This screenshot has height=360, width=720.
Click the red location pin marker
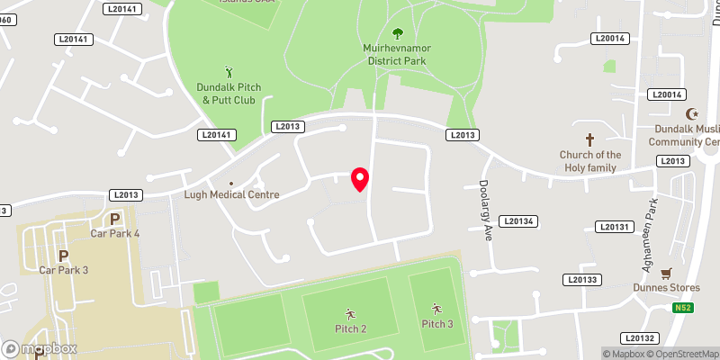tap(360, 178)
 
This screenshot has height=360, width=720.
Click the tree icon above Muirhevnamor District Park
tap(397, 34)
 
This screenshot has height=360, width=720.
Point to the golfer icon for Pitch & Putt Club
tap(229, 71)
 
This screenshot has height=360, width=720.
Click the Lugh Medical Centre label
tap(231, 194)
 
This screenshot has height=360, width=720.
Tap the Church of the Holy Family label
tap(589, 160)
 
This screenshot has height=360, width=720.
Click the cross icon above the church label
tap(590, 139)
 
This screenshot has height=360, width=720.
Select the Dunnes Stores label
tap(666, 288)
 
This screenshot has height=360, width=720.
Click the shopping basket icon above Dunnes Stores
tap(666, 273)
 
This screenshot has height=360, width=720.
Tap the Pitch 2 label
tap(350, 328)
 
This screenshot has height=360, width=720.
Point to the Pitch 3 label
tap(437, 323)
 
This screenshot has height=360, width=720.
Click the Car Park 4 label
tap(115, 234)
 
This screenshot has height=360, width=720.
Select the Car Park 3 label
tap(64, 269)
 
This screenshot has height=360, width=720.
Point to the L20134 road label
tap(519, 221)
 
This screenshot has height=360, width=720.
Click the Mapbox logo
tap(40, 348)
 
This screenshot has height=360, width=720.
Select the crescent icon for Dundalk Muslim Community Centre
tap(692, 114)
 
